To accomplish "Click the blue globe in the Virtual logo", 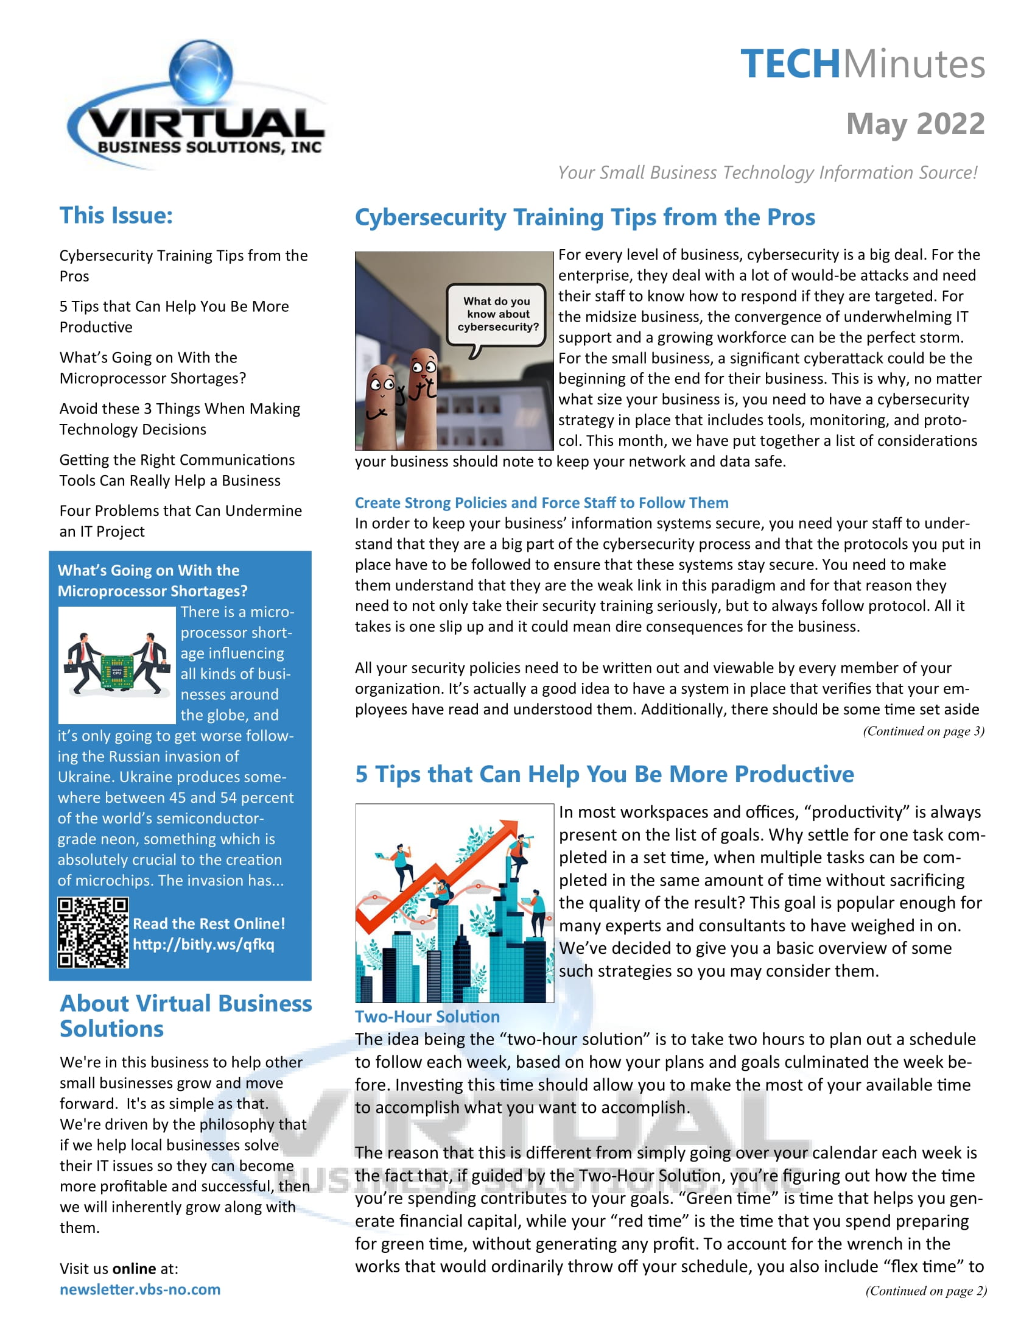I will pos(201,71).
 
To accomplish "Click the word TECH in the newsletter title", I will pos(790,64).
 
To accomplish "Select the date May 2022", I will pos(915,124).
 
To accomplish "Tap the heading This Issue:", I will pos(116,216).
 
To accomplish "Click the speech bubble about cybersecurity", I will pos(497,314).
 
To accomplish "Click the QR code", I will pos(93,933).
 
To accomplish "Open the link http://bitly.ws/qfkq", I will pos(203,944).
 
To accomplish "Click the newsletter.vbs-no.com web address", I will pos(140,1289).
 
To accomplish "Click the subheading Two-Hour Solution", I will pos(427,1017).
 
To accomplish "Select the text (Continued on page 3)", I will pos(923,731).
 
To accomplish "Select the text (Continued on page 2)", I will pos(925,1291).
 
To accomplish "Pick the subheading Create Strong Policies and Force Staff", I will pos(541,503).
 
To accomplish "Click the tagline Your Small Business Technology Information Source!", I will pos(767,172).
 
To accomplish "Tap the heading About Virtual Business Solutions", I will pos(185,1015).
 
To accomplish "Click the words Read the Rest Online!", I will pos(208,923).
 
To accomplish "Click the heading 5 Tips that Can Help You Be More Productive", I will pos(604,774).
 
